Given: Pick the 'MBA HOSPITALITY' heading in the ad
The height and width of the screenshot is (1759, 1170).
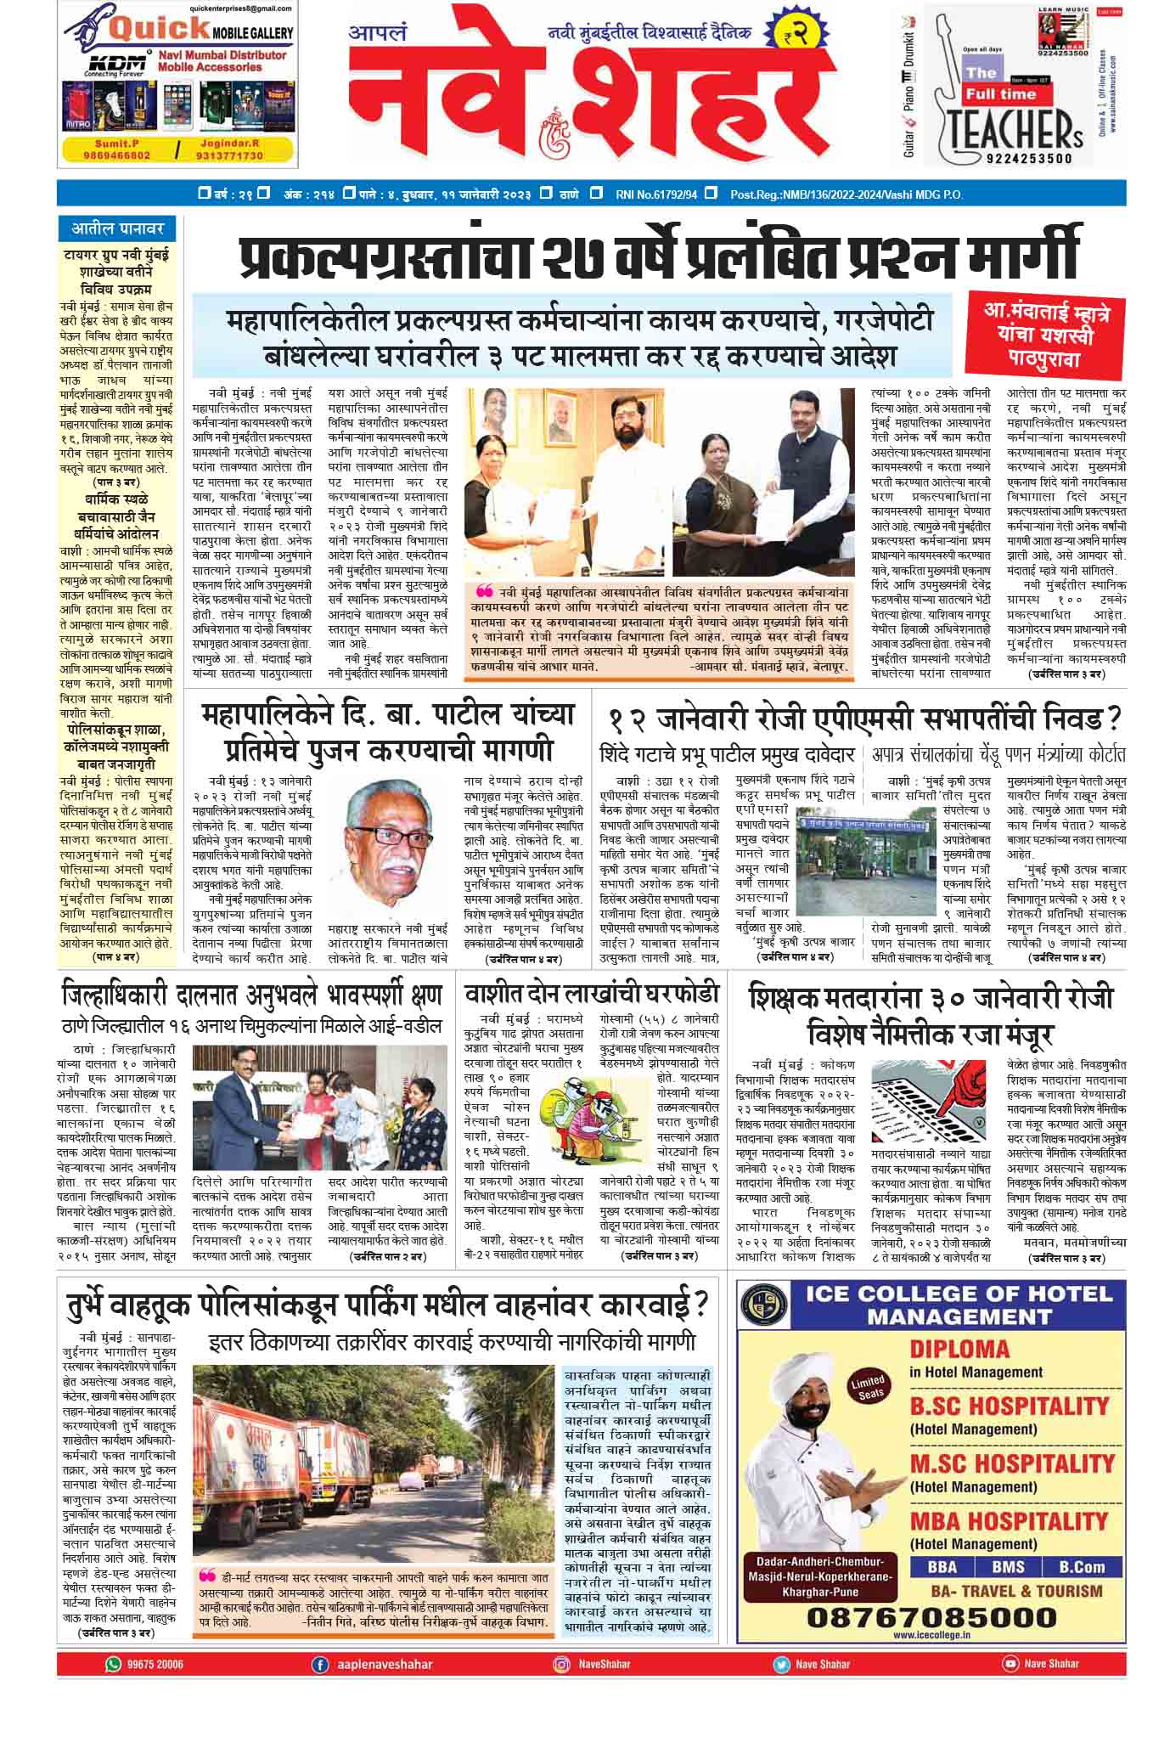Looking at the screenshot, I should point(1010,1519).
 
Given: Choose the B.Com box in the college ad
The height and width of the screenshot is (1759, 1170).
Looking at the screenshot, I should point(1082,1567).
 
